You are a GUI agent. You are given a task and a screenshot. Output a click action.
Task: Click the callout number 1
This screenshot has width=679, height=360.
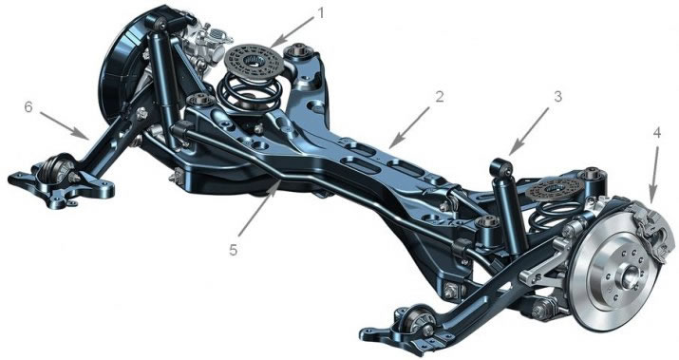320,14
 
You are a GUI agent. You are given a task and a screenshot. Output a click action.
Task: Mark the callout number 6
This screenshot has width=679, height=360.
28,108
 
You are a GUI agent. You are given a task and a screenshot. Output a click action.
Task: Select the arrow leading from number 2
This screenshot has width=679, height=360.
412,122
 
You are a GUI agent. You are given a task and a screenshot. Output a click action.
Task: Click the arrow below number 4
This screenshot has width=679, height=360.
653,171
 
